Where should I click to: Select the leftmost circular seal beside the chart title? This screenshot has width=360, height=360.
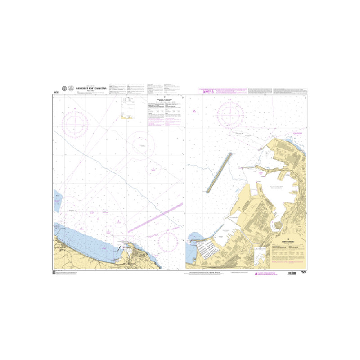click(64, 89)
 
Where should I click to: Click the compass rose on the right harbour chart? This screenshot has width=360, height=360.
click(231, 113)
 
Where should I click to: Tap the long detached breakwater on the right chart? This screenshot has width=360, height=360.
click(220, 172)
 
